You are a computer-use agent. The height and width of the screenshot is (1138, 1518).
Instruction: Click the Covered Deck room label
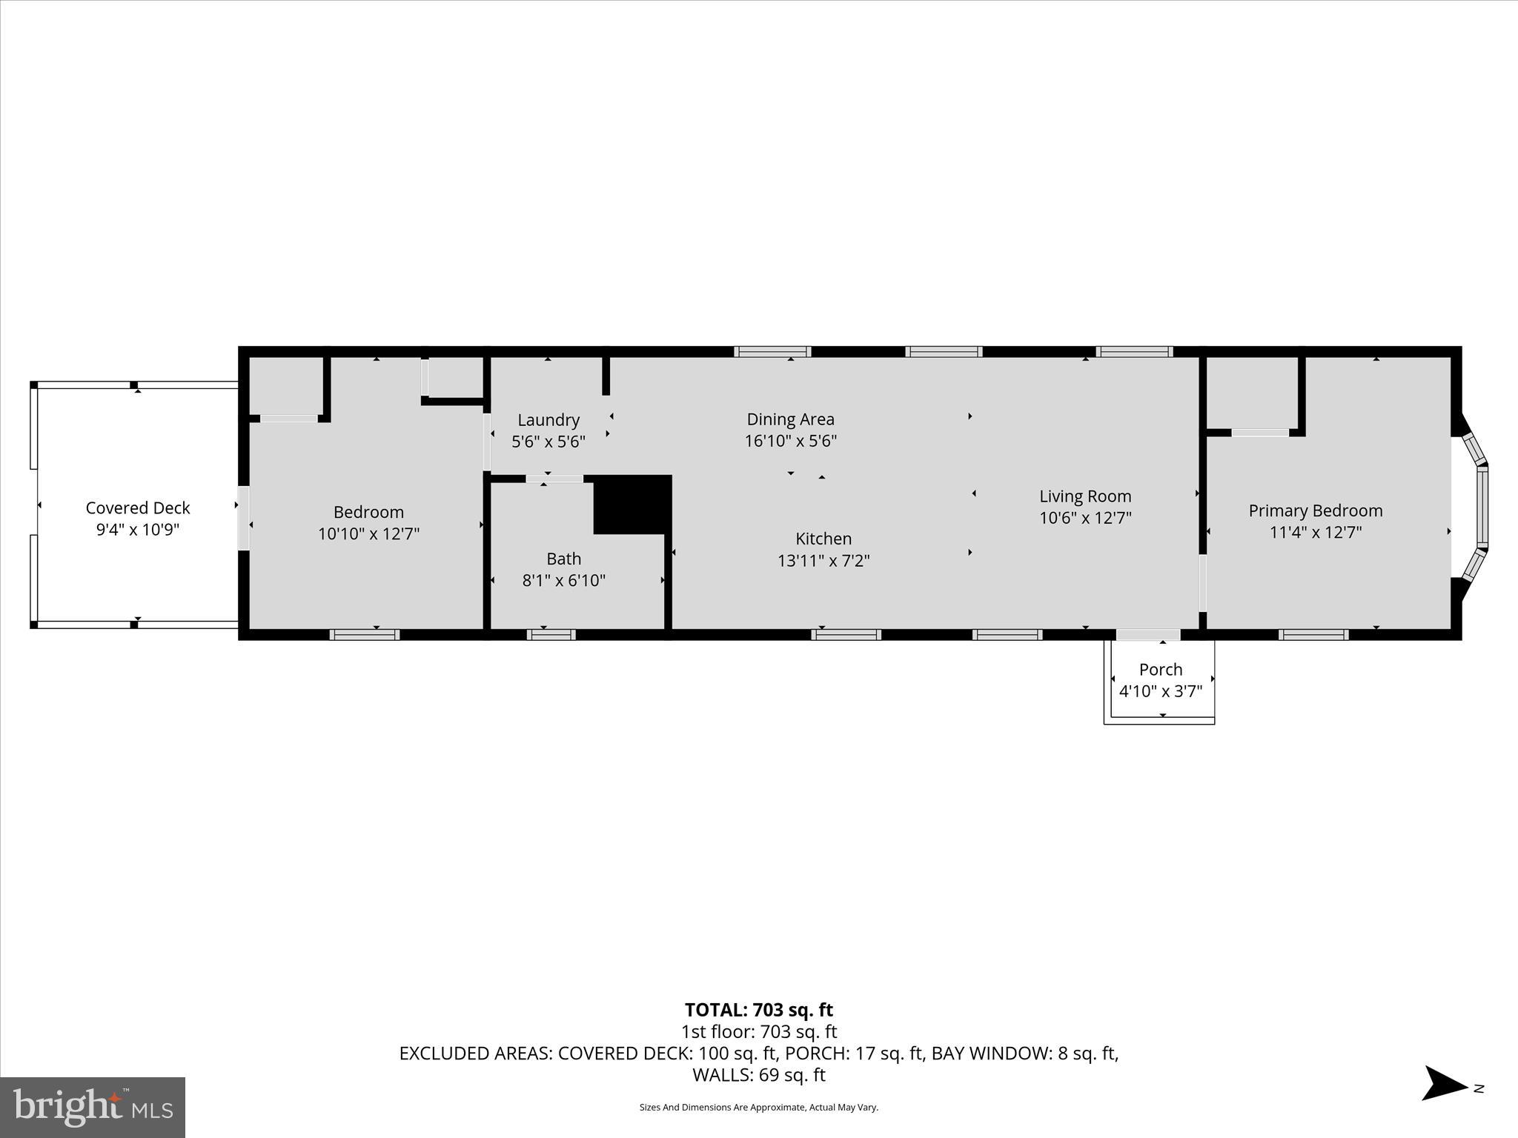tap(138, 508)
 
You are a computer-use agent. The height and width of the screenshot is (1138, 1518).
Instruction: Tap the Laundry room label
tap(548, 420)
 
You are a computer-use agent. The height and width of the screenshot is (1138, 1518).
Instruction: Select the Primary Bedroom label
tap(1316, 510)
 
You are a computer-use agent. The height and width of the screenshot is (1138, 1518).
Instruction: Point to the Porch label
tap(1161, 670)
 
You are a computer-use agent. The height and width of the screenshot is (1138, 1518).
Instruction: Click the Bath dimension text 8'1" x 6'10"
tap(564, 581)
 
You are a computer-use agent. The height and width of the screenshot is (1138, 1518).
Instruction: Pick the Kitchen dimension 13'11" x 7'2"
tap(823, 561)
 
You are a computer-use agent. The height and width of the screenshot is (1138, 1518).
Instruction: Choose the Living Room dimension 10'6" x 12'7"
tap(1085, 518)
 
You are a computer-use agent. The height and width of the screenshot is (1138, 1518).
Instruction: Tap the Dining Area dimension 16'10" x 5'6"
tap(791, 442)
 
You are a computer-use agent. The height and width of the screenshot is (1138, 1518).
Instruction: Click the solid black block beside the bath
tap(632, 505)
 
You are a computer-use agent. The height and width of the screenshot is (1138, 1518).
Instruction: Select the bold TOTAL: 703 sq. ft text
tap(759, 1010)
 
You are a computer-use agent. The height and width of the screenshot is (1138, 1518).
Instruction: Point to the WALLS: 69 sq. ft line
tap(759, 1074)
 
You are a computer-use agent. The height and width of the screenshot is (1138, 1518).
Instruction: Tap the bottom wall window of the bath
tap(551, 635)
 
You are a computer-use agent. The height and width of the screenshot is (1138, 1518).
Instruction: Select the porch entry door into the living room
tap(1148, 635)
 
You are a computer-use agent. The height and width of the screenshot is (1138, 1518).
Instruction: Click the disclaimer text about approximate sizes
tap(759, 1108)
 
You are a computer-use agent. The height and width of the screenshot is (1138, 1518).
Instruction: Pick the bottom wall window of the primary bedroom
tap(1313, 635)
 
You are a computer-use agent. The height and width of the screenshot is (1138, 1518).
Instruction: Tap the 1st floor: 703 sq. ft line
tap(759, 1031)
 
